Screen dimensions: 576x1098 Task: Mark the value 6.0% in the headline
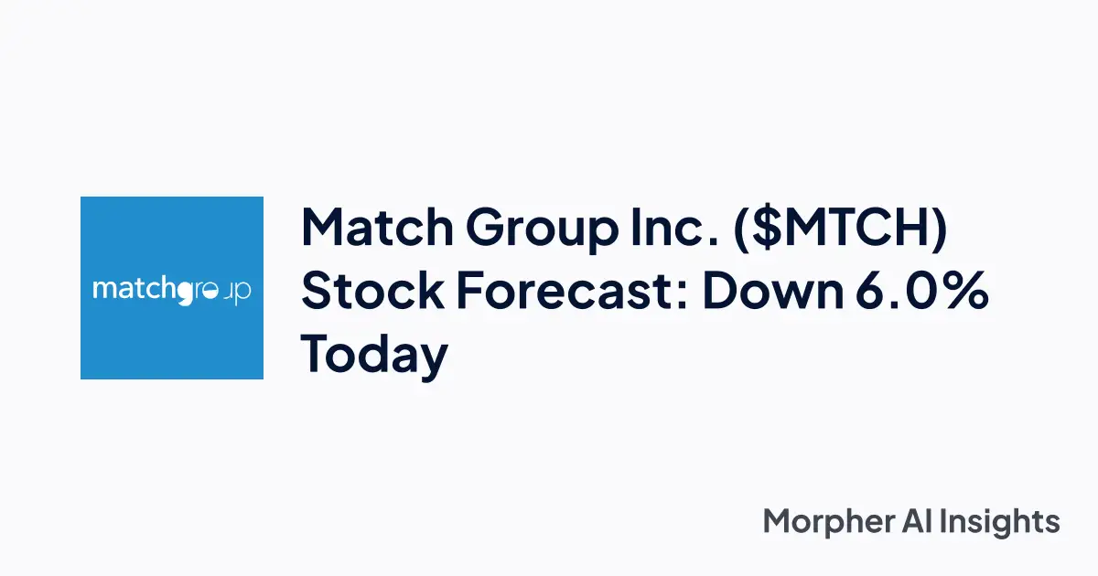[928, 292]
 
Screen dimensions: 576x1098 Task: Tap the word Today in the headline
[374, 356]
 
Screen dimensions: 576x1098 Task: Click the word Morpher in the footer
[826, 522]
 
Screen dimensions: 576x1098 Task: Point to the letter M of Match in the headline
[324, 228]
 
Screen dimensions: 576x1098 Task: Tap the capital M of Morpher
[778, 521]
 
